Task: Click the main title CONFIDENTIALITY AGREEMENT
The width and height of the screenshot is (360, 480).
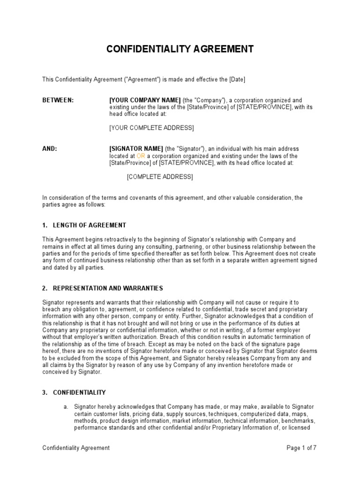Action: coord(180,49)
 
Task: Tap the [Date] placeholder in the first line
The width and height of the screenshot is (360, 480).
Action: coord(237,80)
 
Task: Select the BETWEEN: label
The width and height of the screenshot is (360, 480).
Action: coord(58,100)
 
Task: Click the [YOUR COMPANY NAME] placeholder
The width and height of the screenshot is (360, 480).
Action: coord(145,100)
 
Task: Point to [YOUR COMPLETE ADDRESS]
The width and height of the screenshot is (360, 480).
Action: coord(151,128)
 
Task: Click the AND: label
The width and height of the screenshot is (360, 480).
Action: coord(50,149)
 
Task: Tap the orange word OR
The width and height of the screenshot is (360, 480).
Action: coord(141,156)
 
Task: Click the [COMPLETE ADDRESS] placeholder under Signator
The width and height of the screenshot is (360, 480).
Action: coord(160,177)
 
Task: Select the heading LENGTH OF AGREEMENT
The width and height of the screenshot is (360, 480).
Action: coord(90,225)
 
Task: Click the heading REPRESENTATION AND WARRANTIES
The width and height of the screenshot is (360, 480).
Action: coord(108,288)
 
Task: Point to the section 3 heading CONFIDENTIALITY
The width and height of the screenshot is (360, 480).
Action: coord(79,392)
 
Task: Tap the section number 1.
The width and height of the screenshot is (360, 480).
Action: coord(45,225)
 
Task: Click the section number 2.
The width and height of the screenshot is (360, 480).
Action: coord(45,288)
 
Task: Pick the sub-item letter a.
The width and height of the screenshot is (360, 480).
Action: coord(66,406)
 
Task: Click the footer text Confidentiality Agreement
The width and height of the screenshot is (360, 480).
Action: coord(76,448)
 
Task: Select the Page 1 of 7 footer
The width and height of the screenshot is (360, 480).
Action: coord(302,448)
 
